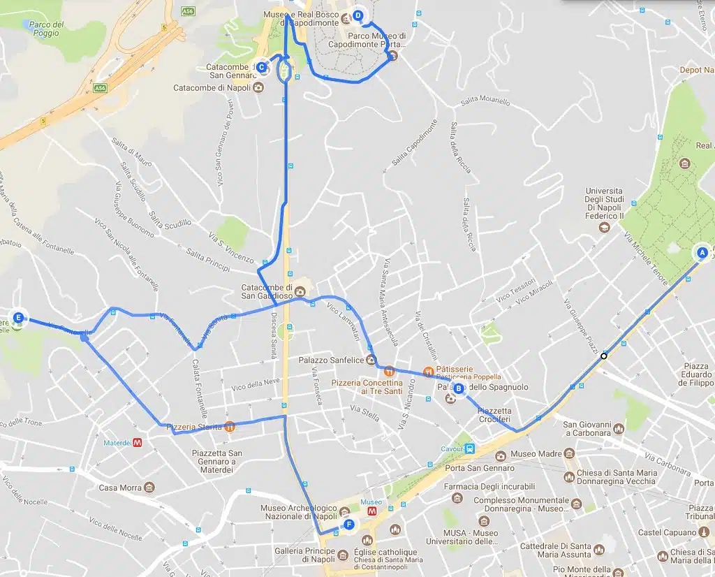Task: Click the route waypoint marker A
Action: coord(702,252)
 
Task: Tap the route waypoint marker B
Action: coord(459,388)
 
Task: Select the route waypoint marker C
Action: coord(261,67)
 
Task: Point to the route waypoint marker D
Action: coord(358,15)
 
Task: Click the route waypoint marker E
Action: coord(19,318)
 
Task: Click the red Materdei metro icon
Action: coord(138,442)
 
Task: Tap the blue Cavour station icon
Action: coord(471,448)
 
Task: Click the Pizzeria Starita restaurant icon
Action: coord(230,427)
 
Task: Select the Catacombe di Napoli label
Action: coord(212,88)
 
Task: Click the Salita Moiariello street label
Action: coord(485,102)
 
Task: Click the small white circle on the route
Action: coord(604,356)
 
